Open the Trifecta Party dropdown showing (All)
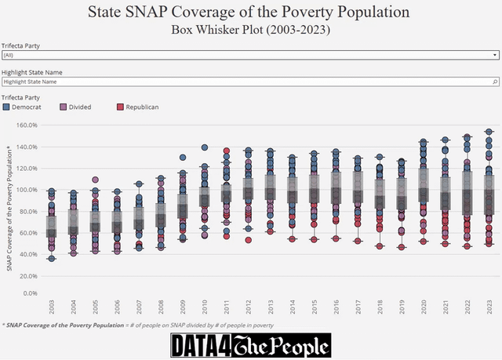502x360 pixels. click(x=249, y=56)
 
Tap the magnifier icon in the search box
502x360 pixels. click(x=494, y=82)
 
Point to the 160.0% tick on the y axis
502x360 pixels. click(x=27, y=125)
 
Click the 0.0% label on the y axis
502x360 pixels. click(x=30, y=293)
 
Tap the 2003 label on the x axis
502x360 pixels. click(x=52, y=308)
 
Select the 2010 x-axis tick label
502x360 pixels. click(x=205, y=308)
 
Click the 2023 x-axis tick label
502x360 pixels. click(x=489, y=308)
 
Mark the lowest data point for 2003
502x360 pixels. click(x=52, y=258)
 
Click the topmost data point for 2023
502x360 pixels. click(x=489, y=132)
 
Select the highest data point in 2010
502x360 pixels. click(x=205, y=147)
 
